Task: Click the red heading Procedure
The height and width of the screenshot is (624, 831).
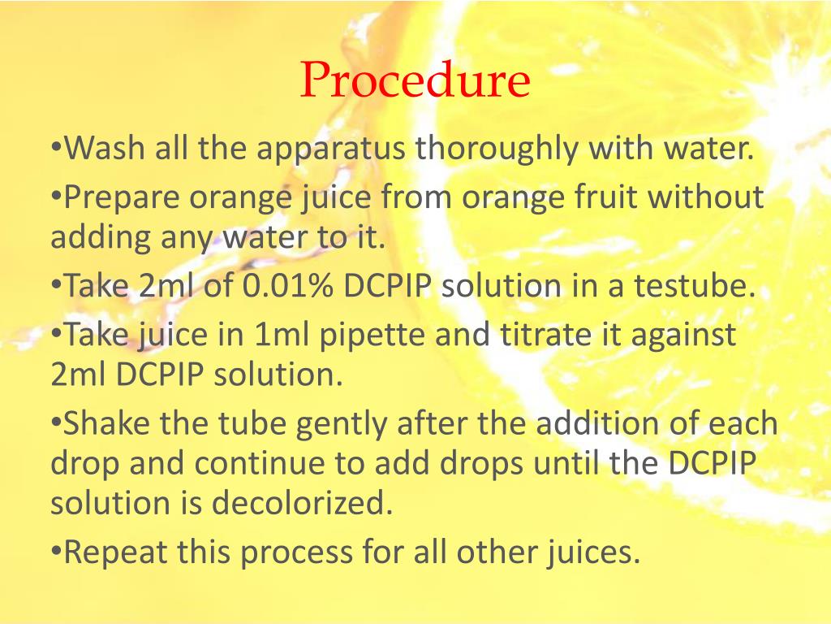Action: click(415, 80)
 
